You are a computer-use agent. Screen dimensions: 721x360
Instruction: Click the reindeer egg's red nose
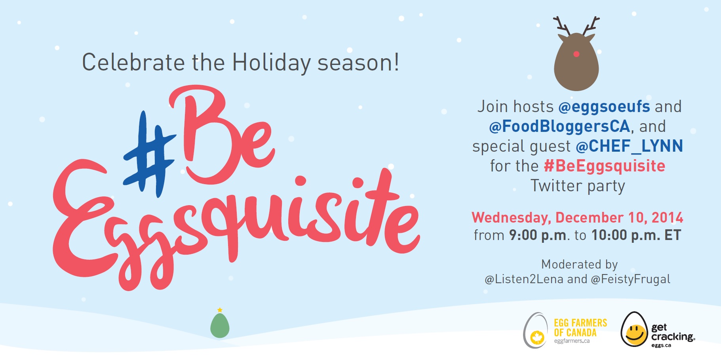click(x=576, y=54)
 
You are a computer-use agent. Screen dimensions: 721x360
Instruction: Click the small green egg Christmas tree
click(x=220, y=325)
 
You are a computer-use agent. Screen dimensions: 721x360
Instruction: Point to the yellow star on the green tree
click(x=220, y=310)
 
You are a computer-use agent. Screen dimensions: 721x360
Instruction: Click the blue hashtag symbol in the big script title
click(x=148, y=154)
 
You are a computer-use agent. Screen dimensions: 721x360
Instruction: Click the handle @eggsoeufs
click(x=604, y=107)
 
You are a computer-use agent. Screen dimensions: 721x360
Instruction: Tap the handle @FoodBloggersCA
click(x=559, y=126)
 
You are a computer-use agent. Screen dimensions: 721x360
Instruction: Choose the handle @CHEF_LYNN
click(x=629, y=146)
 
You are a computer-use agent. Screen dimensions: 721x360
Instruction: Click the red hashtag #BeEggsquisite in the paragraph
click(x=605, y=166)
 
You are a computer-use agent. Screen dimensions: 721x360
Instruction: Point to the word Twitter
click(x=556, y=185)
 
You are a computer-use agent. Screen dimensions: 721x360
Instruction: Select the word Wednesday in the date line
click(x=511, y=217)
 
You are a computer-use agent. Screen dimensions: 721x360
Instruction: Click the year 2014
click(x=668, y=217)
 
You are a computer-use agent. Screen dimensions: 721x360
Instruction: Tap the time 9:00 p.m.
click(x=538, y=235)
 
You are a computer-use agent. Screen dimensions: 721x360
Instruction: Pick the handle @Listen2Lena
click(x=524, y=279)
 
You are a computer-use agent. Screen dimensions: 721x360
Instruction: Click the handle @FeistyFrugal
click(x=630, y=279)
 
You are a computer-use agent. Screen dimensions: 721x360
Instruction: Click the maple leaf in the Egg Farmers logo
click(x=537, y=338)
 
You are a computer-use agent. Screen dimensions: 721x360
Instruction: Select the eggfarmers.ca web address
click(x=572, y=341)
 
